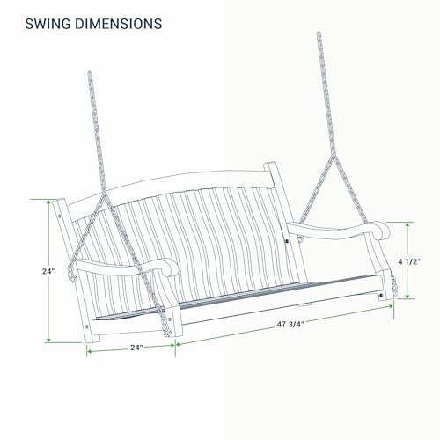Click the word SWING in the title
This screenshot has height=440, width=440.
tap(48, 24)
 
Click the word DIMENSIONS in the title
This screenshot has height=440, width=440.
tap(119, 24)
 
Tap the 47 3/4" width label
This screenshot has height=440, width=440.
tap(290, 324)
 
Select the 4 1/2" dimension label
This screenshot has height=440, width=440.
tap(409, 262)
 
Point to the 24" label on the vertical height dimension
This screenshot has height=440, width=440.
tap(48, 271)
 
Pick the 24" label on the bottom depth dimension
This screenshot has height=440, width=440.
tap(136, 348)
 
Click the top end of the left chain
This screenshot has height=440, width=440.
tap(90, 72)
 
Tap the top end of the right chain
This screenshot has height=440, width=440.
tap(319, 33)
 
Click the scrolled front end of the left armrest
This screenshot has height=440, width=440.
tap(170, 267)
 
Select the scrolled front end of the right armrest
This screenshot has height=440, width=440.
tap(382, 231)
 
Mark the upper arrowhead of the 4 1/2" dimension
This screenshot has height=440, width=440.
tap(407, 225)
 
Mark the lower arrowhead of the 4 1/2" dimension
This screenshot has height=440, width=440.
tap(407, 296)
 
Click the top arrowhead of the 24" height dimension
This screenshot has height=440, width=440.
tap(48, 202)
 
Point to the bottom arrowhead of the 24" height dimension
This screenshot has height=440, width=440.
tap(48, 340)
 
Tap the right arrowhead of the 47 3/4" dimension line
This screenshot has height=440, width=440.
tap(391, 306)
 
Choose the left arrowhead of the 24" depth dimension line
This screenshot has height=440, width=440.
tap(90, 351)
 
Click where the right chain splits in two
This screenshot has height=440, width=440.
tap(334, 156)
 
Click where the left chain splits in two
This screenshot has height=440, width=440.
tap(103, 194)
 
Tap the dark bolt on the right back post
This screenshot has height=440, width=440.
tap(287, 241)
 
